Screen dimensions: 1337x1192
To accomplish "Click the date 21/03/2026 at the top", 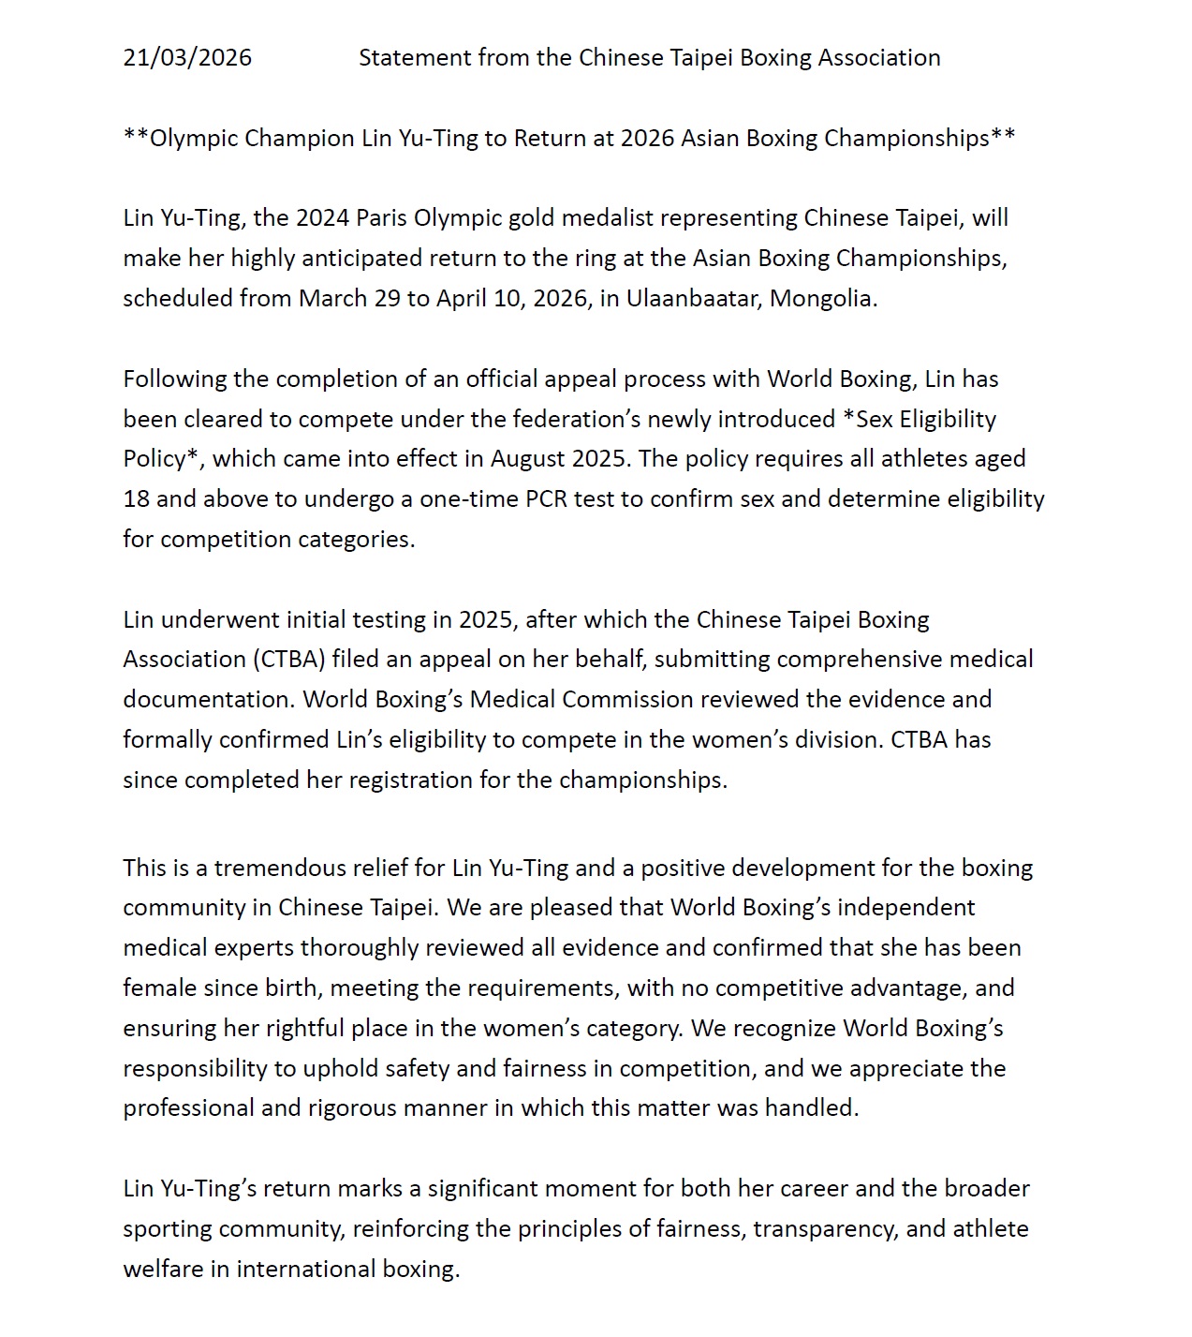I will tap(187, 57).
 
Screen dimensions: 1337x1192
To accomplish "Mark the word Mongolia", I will tap(822, 298).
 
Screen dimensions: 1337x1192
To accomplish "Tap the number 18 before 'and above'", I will tap(136, 498).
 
